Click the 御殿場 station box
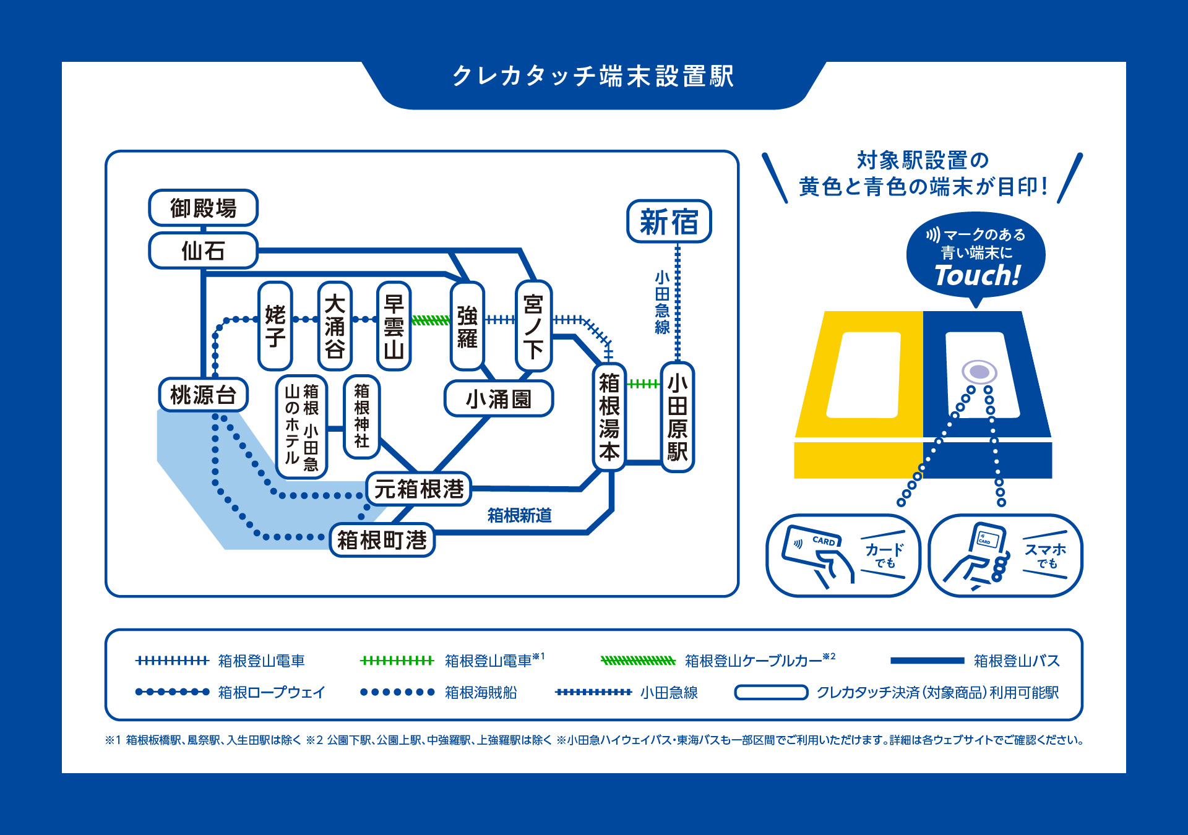(203, 208)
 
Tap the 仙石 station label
(203, 250)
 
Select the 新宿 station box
(669, 221)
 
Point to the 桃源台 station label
(203, 395)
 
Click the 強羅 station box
(467, 326)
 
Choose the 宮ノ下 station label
(533, 326)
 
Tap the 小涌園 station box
(498, 399)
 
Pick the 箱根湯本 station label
(609, 417)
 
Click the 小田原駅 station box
(678, 417)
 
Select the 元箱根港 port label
(419, 489)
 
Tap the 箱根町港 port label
(382, 540)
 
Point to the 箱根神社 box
(361, 416)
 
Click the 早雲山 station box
(394, 326)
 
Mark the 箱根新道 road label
(519, 515)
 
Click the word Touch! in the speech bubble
(977, 276)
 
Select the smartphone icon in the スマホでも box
(984, 547)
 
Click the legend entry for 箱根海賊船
(481, 692)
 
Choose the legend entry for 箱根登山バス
(1017, 661)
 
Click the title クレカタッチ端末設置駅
(593, 77)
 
